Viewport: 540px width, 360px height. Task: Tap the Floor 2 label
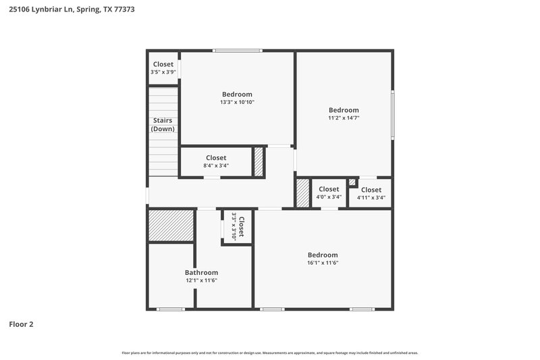21,324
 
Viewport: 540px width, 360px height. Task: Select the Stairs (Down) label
163,124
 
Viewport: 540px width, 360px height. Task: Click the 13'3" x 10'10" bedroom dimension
237,103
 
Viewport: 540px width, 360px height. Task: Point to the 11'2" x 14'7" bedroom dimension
344,118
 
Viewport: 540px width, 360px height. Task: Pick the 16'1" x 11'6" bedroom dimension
322,263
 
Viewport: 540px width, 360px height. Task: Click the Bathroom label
201,272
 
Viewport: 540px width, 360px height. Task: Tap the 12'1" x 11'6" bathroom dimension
201,280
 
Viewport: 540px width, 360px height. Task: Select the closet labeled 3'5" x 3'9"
163,68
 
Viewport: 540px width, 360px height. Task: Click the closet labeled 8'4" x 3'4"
216,161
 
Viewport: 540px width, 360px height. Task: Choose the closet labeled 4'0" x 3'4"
329,193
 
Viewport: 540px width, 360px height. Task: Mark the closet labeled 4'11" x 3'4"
371,194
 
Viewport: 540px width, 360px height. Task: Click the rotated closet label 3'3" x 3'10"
238,226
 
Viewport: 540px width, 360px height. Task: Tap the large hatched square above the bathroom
171,226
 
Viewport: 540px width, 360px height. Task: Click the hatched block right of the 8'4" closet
259,162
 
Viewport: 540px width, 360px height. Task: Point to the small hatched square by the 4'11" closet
352,182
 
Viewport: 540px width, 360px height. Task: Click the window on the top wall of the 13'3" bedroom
238,51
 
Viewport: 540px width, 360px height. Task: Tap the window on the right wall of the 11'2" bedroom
392,115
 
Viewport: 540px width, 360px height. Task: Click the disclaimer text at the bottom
270,353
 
